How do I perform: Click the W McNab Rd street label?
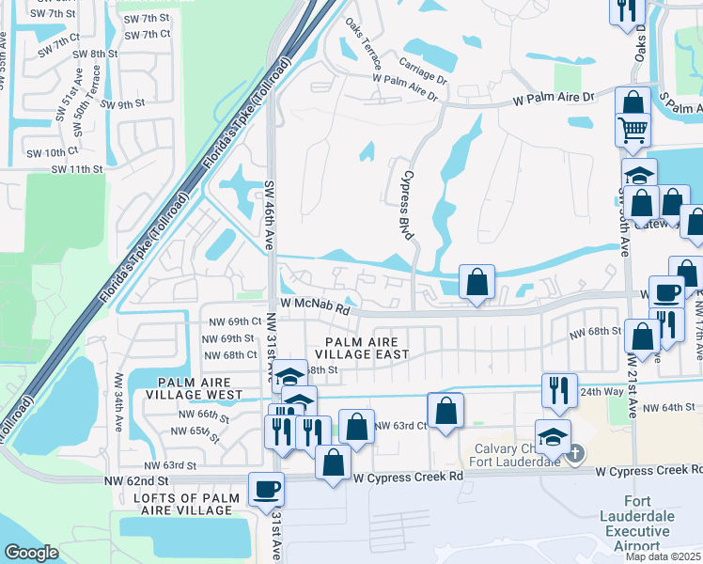(315, 307)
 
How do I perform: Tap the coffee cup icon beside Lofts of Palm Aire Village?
(266, 488)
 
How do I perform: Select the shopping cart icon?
(633, 128)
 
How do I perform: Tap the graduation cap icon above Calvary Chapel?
(553, 435)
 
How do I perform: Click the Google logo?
(31, 553)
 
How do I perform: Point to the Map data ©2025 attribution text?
(664, 556)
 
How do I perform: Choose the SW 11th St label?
(76, 169)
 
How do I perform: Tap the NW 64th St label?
(670, 407)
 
